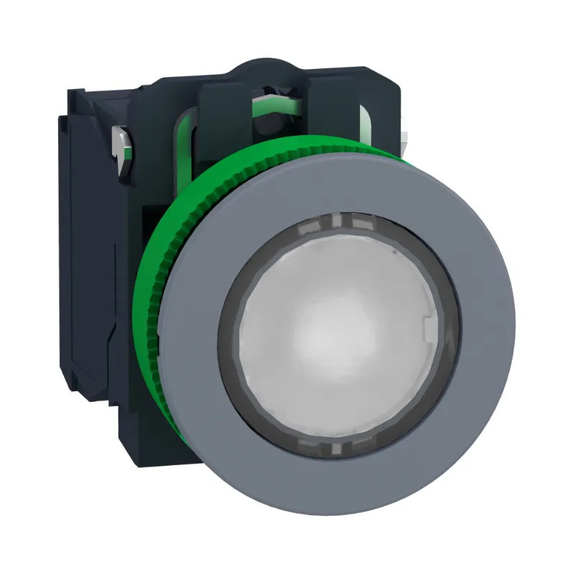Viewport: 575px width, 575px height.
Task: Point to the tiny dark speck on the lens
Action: click(394, 253)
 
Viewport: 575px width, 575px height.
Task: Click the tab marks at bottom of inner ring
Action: click(334, 450)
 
